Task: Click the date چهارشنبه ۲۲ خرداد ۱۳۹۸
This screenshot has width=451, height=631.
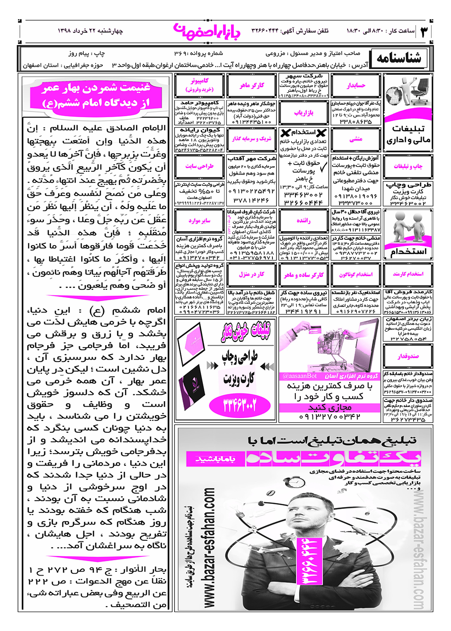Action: point(90,31)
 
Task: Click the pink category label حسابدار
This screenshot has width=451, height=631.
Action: point(356,86)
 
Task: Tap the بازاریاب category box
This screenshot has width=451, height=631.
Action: point(304,113)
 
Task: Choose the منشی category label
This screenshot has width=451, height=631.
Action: point(356,139)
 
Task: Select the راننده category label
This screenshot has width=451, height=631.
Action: point(304,220)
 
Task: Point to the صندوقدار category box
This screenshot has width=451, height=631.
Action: point(408,356)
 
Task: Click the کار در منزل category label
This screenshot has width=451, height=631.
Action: point(252,274)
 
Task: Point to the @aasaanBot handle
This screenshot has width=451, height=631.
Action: point(299,375)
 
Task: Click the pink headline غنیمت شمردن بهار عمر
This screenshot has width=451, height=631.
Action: point(96,95)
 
